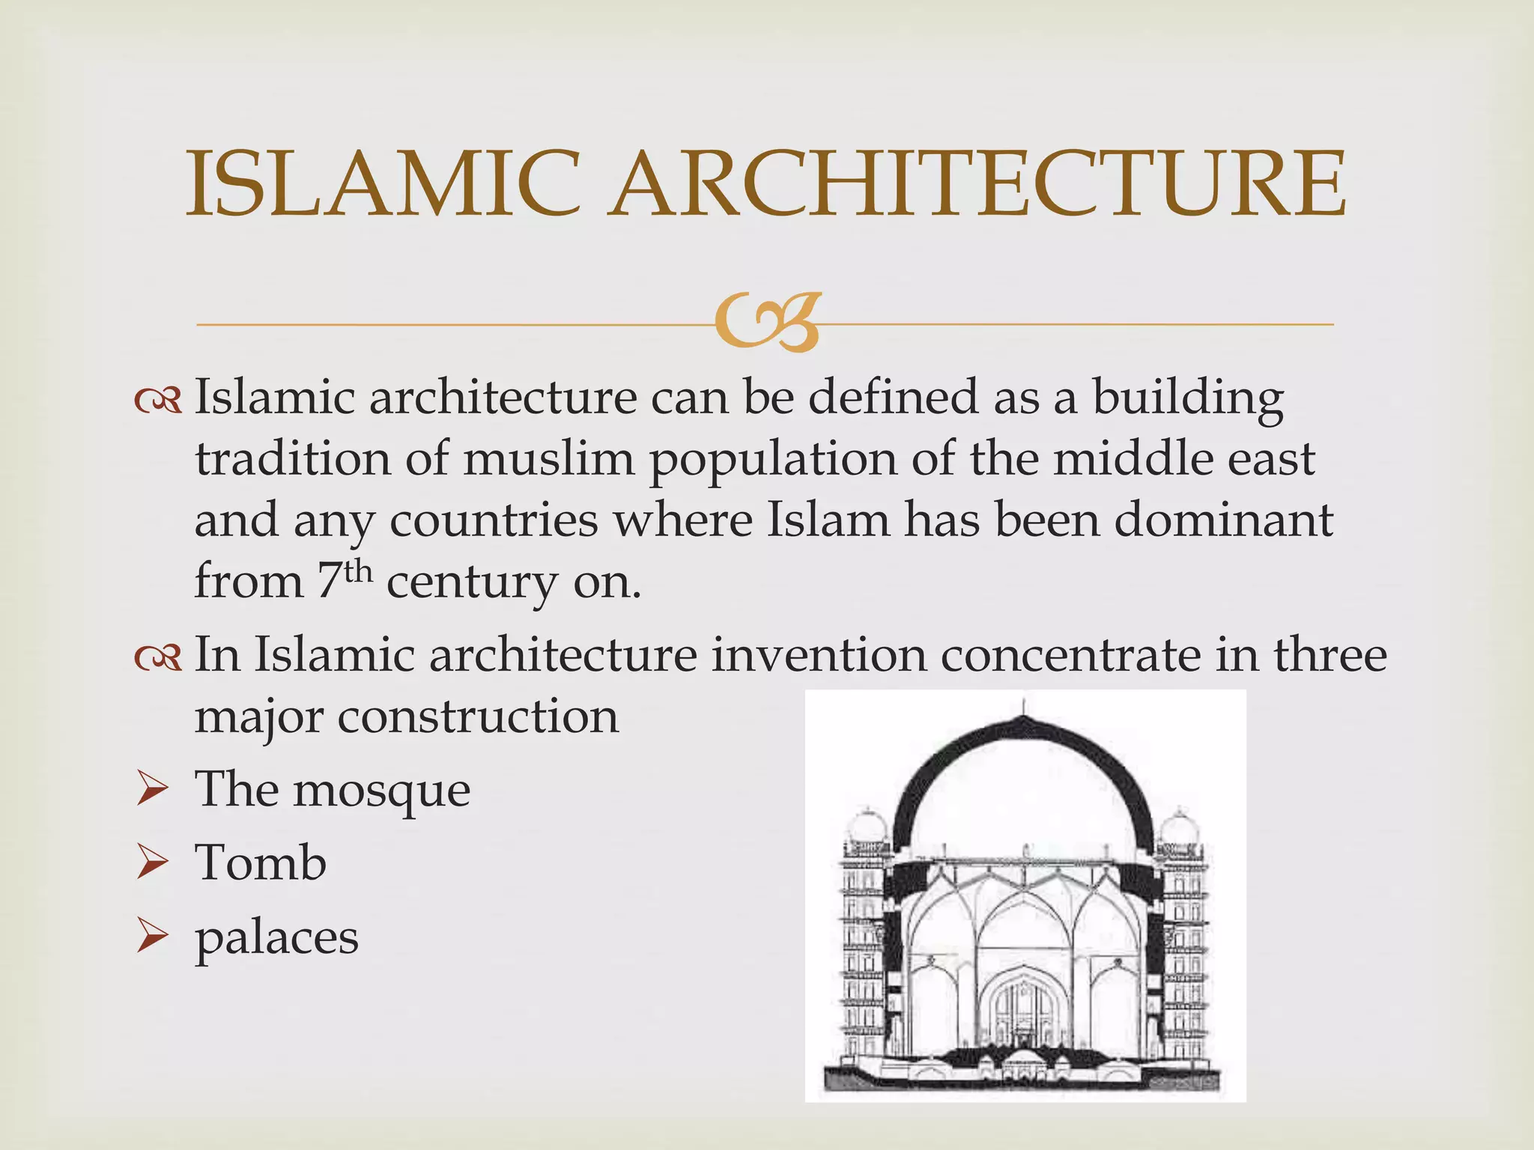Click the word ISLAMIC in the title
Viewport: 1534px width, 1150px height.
pyautogui.click(x=383, y=184)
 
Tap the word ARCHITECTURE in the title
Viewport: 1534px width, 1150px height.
pyautogui.click(x=976, y=184)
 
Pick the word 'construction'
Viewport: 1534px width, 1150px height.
pyautogui.click(x=478, y=717)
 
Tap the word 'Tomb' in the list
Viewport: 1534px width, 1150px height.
pyautogui.click(x=260, y=862)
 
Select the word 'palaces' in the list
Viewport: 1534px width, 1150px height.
pyautogui.click(x=276, y=938)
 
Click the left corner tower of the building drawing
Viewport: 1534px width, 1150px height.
pyautogui.click(x=864, y=936)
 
